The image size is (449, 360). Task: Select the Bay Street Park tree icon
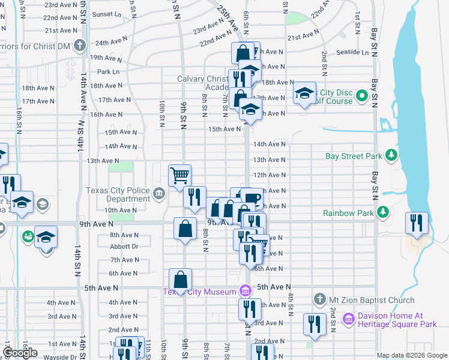pyautogui.click(x=391, y=156)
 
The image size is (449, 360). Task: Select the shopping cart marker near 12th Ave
pyautogui.click(x=179, y=175)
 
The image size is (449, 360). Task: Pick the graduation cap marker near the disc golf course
pyautogui.click(x=304, y=92)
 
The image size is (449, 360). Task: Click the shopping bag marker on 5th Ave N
pyautogui.click(x=181, y=279)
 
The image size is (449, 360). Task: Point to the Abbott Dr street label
pyautogui.click(x=124, y=246)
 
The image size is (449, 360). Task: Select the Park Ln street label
pyautogui.click(x=108, y=71)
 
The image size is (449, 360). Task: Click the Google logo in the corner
pyautogui.click(x=20, y=353)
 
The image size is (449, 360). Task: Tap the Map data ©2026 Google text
pyautogui.click(x=412, y=355)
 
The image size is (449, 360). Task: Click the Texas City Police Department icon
pyautogui.click(x=159, y=193)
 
